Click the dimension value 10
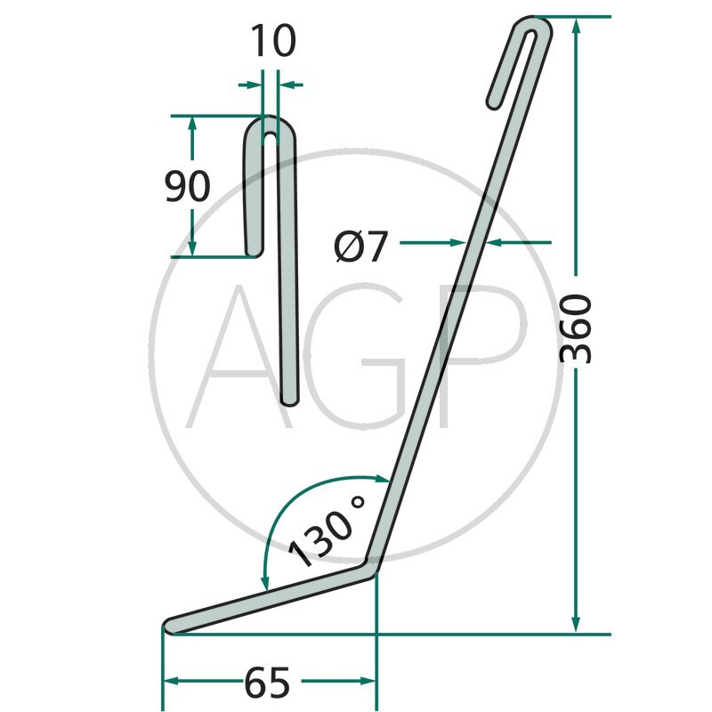tap(273, 41)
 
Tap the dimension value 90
tap(188, 186)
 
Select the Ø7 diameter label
tap(361, 247)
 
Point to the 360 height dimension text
tap(575, 328)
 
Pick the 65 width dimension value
tap(267, 683)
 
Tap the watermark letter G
tap(354, 357)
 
